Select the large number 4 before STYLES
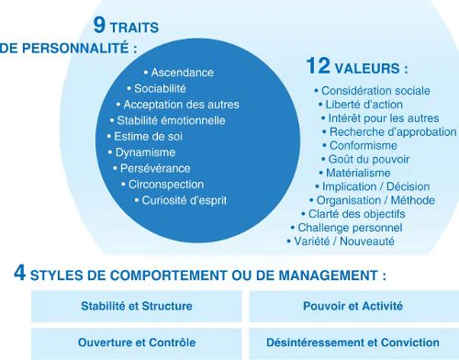19,273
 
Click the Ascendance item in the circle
182,73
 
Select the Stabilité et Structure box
138,307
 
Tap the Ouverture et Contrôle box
138,343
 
